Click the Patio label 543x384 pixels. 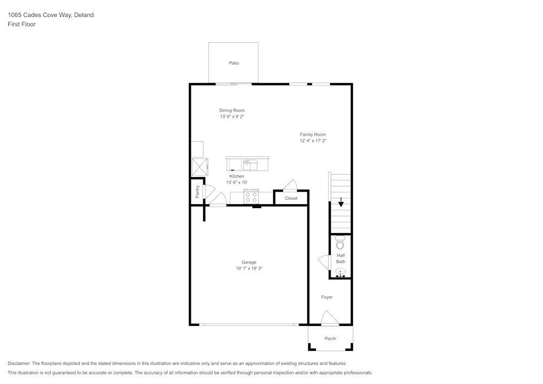click(233, 63)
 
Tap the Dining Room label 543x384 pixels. click(232, 110)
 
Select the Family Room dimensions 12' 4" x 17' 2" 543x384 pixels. click(313, 141)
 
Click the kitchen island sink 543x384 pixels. click(250, 165)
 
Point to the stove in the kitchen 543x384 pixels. click(251, 197)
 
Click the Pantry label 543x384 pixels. click(198, 192)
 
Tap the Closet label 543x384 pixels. click(291, 198)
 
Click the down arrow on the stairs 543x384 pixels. click(341, 202)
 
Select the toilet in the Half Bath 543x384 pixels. click(340, 243)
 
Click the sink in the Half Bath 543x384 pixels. click(340, 272)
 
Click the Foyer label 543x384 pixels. click(326, 297)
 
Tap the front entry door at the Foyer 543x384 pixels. click(330, 318)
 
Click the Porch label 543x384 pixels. click(330, 338)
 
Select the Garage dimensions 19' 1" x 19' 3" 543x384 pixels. click(249, 268)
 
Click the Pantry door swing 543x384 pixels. click(209, 192)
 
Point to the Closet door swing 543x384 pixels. click(290, 185)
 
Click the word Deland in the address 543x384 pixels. click(84, 15)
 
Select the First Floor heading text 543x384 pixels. click(22, 24)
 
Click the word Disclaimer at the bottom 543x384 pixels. click(18, 363)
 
